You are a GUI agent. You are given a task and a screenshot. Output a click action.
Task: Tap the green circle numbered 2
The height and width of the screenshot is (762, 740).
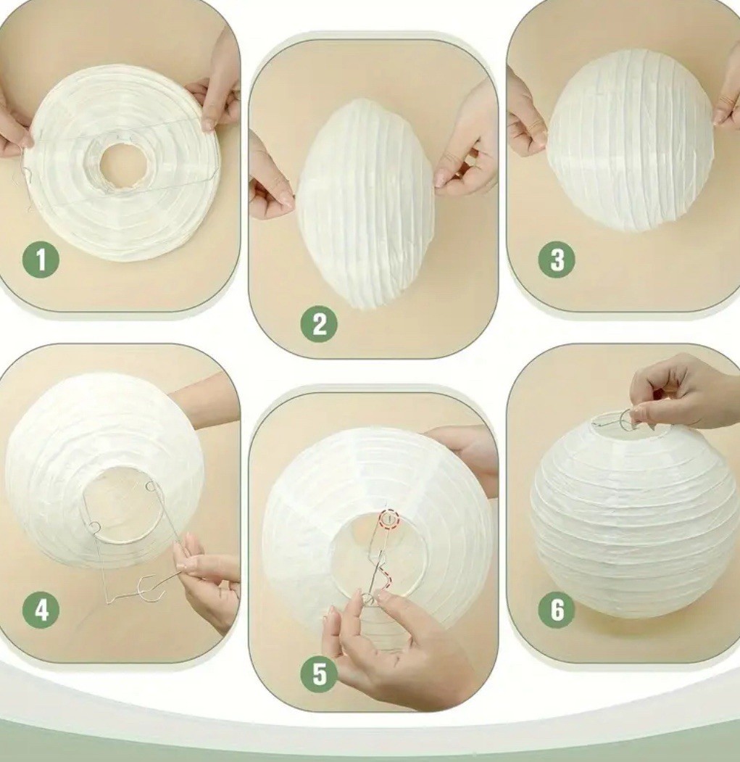click(x=320, y=324)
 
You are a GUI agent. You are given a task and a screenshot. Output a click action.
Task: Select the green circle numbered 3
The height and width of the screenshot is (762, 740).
click(x=557, y=260)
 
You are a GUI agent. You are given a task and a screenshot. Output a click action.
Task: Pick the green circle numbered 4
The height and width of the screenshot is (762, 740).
click(x=41, y=610)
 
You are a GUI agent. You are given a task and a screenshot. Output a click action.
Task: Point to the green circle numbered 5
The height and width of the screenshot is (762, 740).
click(x=320, y=675)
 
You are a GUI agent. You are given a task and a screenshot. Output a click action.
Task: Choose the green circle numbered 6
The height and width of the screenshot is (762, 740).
click(x=557, y=610)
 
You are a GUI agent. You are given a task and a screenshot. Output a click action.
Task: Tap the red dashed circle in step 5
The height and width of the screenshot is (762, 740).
click(x=389, y=520)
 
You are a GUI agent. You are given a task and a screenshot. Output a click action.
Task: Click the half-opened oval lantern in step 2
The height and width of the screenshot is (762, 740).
click(x=366, y=203)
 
